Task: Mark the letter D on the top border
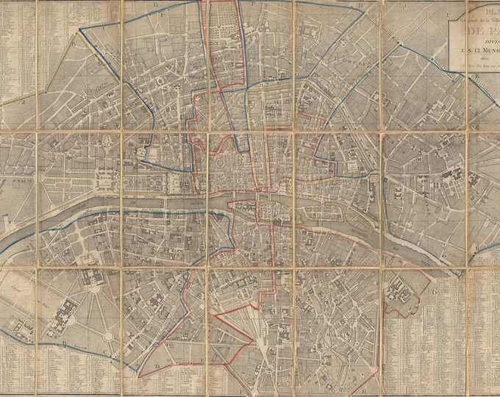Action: tap(156, 4)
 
